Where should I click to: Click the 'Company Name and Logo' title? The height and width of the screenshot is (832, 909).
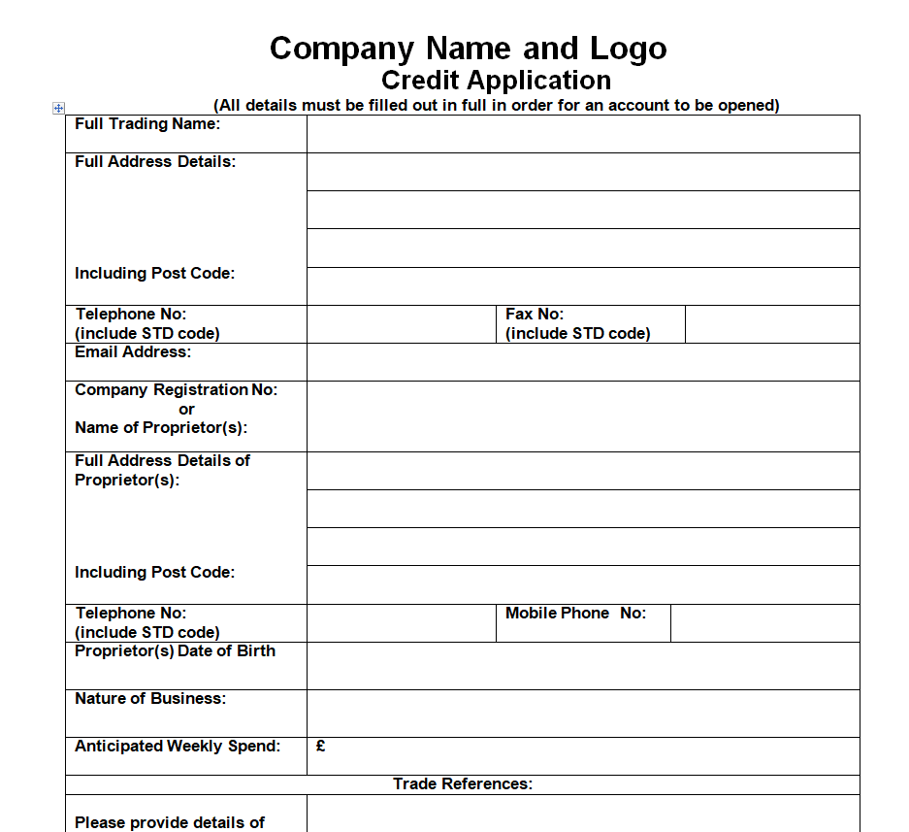pos(468,49)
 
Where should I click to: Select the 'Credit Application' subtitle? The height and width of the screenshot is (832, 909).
pos(496,80)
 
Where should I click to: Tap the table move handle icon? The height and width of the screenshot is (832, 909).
pos(58,108)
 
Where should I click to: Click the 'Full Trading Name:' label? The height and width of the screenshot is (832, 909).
pos(147,124)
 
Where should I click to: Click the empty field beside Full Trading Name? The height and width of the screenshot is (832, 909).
pos(583,134)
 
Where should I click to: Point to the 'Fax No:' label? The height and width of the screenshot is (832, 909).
pos(535,315)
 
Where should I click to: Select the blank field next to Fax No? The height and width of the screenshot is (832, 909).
pos(772,324)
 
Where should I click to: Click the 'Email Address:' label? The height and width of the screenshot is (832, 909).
pos(133,352)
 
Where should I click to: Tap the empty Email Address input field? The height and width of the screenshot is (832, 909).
pos(583,362)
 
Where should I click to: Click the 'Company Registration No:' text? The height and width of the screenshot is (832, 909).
pos(176,390)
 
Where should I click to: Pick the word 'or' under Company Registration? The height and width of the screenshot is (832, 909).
pos(186,409)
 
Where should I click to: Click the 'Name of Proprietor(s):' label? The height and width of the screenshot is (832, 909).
pos(161,428)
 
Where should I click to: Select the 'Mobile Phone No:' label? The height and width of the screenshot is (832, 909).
pos(575,614)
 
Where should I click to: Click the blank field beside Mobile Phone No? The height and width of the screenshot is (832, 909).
pos(764,623)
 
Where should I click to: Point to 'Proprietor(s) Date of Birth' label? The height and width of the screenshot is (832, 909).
pos(175,651)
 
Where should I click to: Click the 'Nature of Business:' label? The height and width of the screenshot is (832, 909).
pos(150,699)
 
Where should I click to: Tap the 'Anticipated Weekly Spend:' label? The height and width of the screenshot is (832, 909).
pos(178,747)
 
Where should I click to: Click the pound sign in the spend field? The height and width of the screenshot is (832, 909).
pos(321,747)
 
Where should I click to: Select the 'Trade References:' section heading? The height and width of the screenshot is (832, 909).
pos(463,784)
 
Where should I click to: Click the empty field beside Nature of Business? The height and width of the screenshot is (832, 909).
pos(583,714)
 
